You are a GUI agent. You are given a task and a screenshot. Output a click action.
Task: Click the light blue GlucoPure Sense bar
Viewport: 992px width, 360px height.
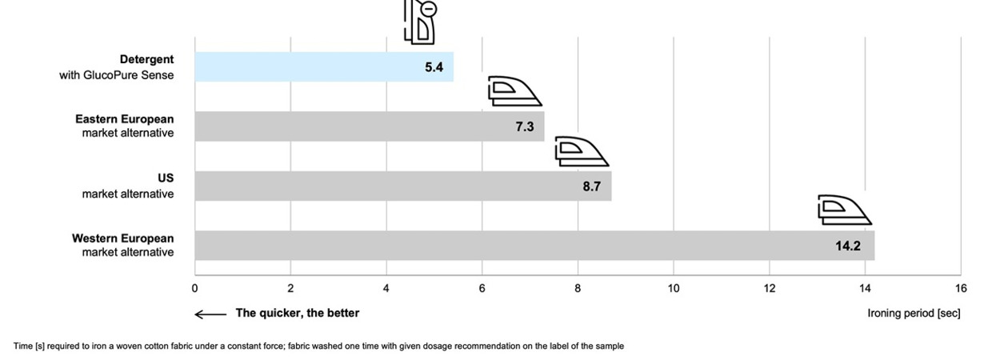324,67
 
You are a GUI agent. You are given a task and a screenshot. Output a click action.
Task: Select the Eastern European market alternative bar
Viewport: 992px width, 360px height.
370,126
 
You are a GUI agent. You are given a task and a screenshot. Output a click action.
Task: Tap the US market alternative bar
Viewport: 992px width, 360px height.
403,186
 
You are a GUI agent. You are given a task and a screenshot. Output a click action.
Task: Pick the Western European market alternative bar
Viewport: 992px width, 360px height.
534,246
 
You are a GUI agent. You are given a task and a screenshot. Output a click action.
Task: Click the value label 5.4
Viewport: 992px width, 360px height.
434,67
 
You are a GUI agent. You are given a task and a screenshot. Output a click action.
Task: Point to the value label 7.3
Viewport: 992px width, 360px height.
524,126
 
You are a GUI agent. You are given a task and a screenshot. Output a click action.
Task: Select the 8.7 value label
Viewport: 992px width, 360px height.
592,186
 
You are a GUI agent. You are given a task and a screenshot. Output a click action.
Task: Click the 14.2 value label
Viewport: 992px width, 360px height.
848,246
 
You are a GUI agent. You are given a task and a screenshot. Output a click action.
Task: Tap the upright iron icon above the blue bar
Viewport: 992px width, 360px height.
420,22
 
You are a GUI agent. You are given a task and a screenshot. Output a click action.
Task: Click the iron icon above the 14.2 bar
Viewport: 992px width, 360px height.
845,210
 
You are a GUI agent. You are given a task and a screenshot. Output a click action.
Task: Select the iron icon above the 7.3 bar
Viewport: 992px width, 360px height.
514,91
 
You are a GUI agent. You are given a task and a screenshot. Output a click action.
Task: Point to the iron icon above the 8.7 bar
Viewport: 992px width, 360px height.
582,151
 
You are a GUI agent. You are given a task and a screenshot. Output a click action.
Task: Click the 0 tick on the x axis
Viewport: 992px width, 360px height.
195,288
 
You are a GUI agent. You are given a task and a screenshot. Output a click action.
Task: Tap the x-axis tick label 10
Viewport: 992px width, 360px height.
673,288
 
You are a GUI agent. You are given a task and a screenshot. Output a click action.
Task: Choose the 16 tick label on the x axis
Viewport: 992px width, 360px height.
961,288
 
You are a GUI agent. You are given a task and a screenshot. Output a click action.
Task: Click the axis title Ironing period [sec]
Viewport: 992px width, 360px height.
914,313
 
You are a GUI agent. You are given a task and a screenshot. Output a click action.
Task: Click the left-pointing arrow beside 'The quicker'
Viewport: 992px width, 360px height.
211,314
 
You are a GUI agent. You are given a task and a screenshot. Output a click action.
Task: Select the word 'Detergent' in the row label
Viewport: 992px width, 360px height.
146,59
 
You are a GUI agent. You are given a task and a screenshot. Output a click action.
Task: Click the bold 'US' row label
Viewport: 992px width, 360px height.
166,178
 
